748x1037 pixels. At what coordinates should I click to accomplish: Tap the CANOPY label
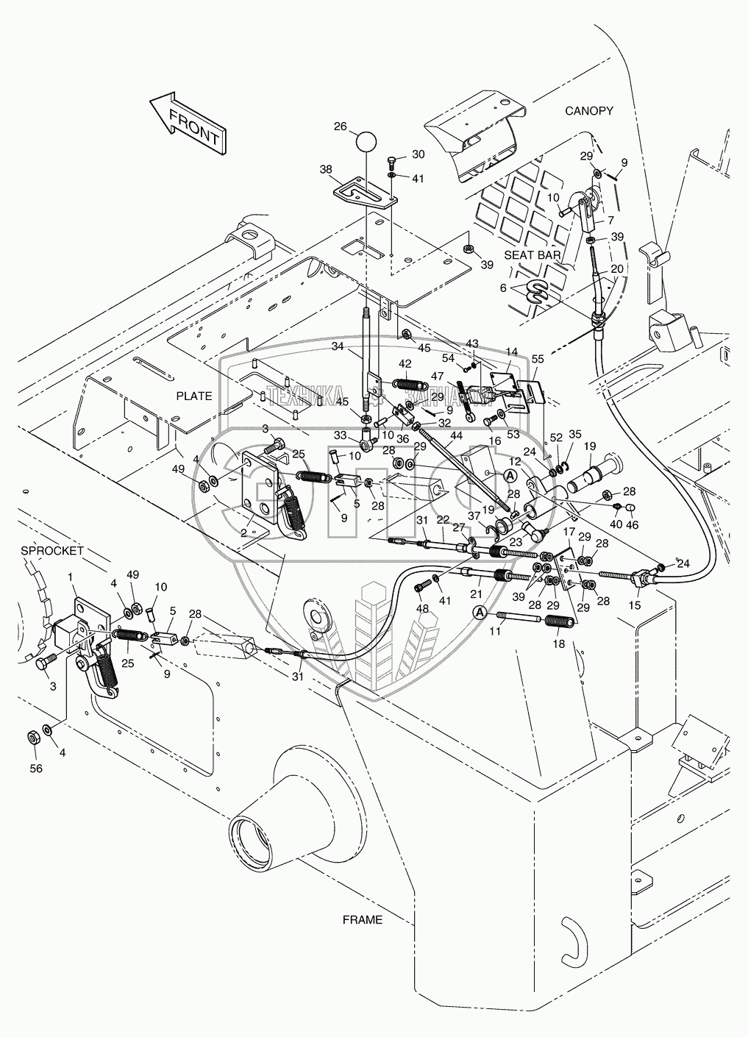(588, 111)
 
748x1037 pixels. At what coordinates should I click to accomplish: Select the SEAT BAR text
(532, 254)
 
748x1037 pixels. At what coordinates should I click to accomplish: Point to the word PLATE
(193, 396)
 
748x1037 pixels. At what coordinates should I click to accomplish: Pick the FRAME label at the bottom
(363, 919)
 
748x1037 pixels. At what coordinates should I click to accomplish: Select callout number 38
(326, 168)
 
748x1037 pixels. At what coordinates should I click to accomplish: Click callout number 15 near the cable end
(635, 605)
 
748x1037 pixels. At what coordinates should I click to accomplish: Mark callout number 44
(456, 436)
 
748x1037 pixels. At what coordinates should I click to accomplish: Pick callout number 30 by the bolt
(418, 154)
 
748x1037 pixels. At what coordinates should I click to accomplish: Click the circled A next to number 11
(480, 612)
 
